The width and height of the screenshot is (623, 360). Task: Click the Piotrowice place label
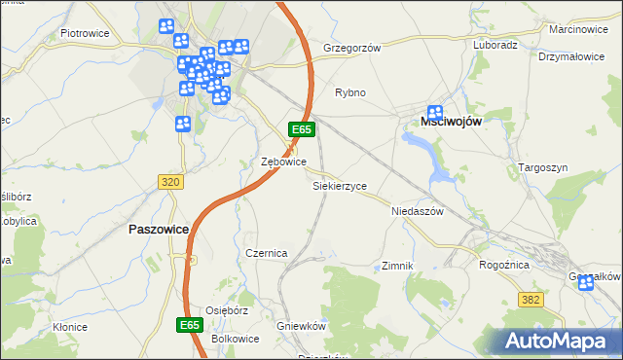point(84,32)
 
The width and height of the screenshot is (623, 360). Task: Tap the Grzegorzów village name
point(350,47)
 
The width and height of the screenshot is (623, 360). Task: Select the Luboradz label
point(495,45)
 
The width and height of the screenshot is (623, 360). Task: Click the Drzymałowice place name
point(571,56)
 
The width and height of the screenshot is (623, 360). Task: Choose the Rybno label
point(350,92)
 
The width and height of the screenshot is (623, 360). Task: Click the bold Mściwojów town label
point(451,121)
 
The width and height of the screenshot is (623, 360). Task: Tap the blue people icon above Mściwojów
point(435,112)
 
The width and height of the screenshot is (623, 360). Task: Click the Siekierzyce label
point(339,185)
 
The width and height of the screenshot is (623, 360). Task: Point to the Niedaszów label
point(417,210)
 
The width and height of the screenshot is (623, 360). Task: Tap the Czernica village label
point(266,253)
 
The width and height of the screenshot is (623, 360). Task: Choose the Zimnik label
point(398,266)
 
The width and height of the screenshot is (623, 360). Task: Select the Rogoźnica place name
point(504,264)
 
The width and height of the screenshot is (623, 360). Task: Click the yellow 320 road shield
point(171,182)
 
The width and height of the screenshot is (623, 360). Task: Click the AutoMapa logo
point(559,341)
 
